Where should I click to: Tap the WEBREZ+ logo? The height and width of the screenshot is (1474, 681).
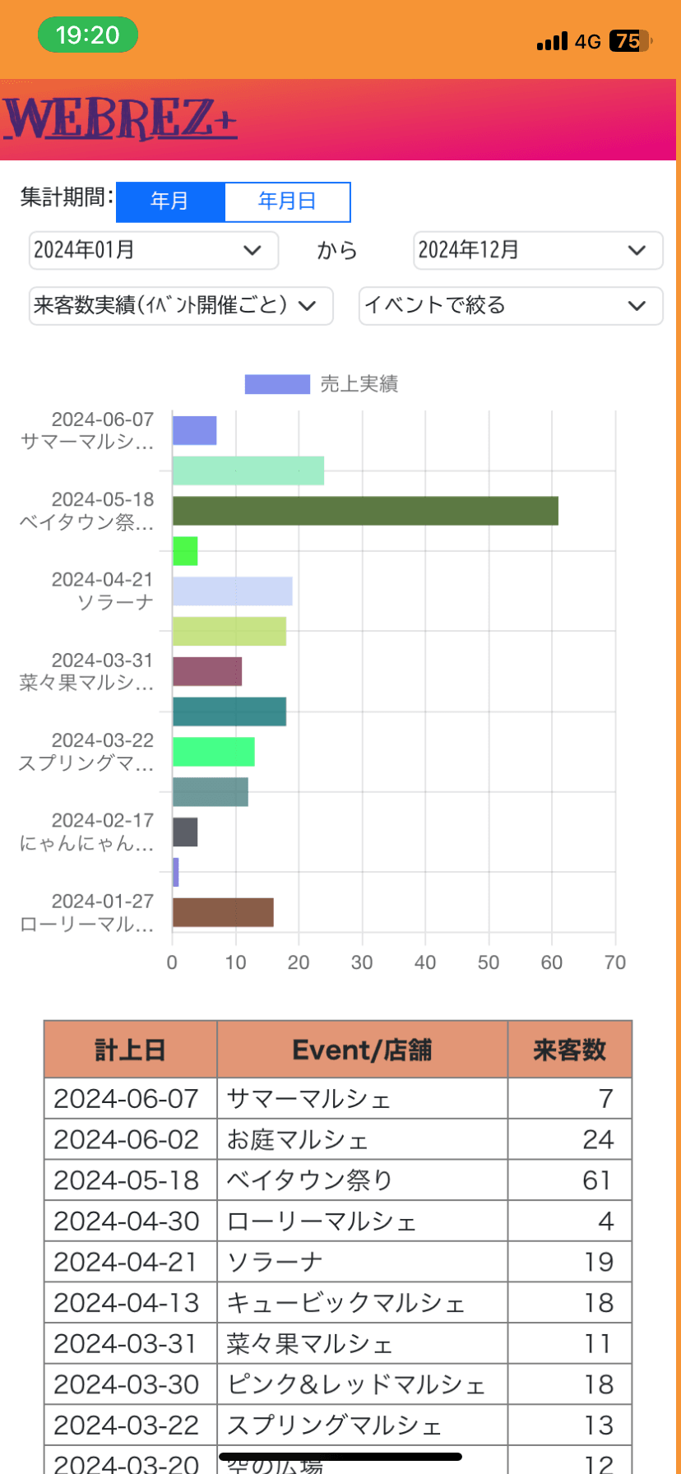(x=120, y=119)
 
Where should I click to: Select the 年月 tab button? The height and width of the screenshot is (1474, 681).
(x=170, y=202)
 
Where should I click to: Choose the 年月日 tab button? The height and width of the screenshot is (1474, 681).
(x=287, y=202)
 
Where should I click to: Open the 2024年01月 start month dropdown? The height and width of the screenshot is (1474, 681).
(x=154, y=250)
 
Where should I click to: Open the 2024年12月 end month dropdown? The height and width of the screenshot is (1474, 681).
(x=538, y=250)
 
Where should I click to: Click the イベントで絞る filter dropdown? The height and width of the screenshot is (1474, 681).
(x=511, y=305)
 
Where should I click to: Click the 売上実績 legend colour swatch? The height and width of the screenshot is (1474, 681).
(x=277, y=384)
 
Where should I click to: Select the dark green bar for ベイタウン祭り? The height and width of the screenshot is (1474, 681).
(x=365, y=511)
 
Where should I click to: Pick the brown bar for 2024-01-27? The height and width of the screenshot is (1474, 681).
(x=223, y=913)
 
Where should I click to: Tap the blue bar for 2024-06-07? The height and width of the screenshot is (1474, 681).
(x=194, y=431)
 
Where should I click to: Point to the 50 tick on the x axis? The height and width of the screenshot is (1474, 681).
(x=489, y=962)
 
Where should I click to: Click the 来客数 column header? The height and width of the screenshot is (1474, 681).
(x=569, y=1050)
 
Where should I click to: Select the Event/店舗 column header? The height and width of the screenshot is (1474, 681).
(x=362, y=1050)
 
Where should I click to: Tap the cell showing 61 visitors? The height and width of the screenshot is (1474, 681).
(x=569, y=1180)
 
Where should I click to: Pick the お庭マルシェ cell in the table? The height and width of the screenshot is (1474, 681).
(x=362, y=1139)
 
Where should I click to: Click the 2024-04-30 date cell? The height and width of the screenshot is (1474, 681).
(x=130, y=1221)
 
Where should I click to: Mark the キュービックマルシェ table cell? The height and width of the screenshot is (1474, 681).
(x=362, y=1303)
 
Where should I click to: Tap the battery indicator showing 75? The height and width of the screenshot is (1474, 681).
(x=629, y=41)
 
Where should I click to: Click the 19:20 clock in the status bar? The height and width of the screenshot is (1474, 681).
(x=88, y=35)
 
